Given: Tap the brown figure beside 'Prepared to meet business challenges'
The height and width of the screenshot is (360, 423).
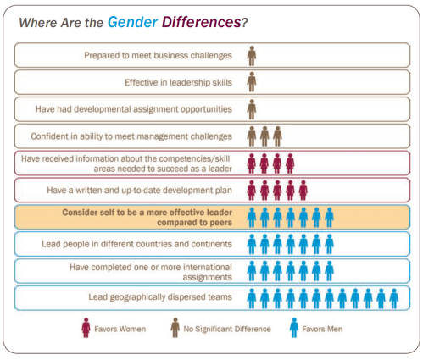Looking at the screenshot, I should (252, 56).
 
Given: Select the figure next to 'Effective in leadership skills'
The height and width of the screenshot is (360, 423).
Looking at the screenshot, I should (252, 82).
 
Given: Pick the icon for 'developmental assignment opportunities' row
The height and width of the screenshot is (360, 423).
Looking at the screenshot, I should (252, 109).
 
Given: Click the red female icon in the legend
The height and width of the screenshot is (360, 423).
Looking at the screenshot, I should (84, 327).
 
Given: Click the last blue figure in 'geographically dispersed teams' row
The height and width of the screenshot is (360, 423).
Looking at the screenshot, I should (394, 297).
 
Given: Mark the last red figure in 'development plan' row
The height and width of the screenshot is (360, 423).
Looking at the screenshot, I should (303, 190).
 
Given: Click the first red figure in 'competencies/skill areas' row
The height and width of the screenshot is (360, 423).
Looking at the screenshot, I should (252, 163).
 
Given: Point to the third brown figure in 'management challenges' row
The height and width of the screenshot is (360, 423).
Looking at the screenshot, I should (277, 136).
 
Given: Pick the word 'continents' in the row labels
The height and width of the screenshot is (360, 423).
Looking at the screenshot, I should (209, 244).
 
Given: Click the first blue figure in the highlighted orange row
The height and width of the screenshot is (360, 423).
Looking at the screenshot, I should (252, 217).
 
